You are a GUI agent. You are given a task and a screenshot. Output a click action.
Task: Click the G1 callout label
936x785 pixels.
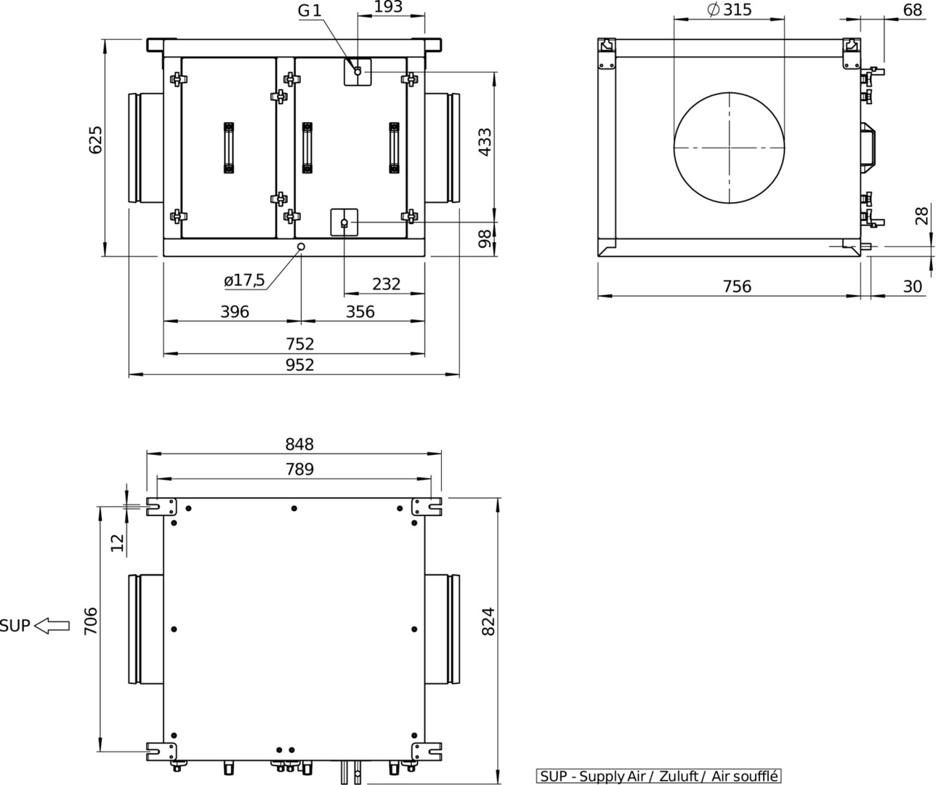tap(310, 11)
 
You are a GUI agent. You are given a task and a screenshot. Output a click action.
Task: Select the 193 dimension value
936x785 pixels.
tap(388, 7)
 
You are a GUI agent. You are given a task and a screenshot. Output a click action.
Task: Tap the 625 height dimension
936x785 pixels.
tap(95, 140)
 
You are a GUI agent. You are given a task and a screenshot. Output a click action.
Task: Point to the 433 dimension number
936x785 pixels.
tap(485, 142)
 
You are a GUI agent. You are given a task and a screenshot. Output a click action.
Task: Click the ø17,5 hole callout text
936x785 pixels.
tap(244, 280)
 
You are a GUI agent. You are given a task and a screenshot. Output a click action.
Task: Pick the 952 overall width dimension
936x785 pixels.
tap(300, 365)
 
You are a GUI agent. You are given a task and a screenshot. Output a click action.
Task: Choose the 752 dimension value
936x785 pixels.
tap(300, 344)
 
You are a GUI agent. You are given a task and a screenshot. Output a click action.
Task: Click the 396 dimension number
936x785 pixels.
tap(235, 312)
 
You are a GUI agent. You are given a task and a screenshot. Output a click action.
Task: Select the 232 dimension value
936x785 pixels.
tap(386, 283)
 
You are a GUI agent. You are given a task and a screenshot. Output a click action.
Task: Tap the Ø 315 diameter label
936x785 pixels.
tap(730, 9)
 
